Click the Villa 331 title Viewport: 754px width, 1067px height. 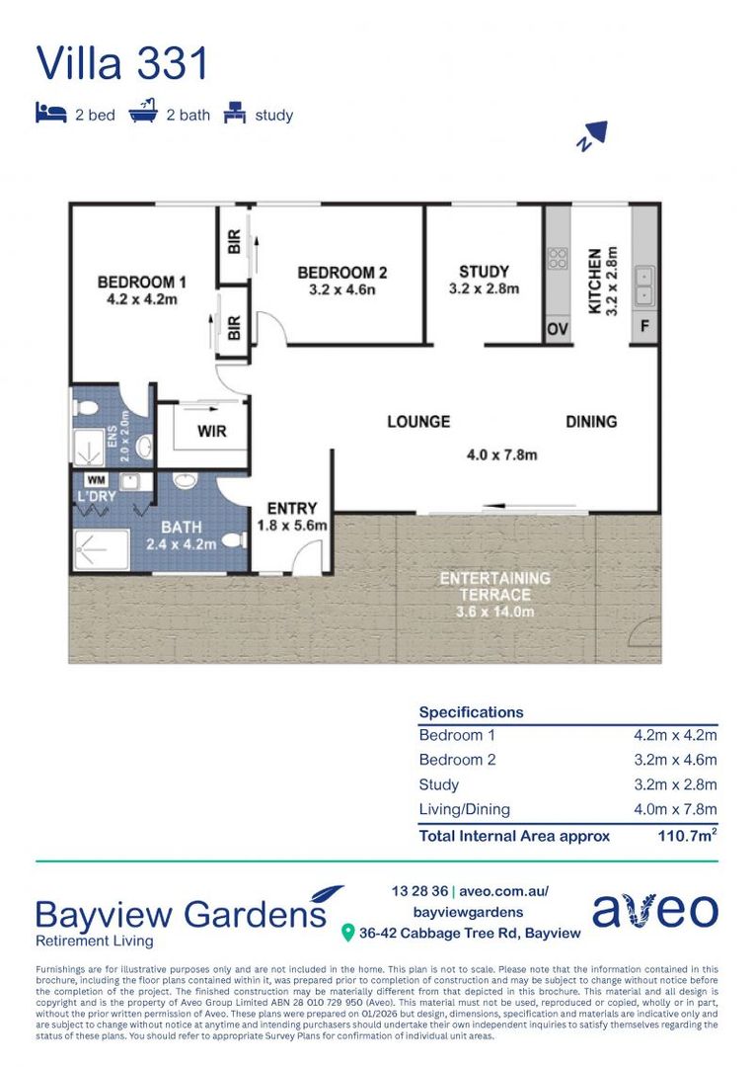pyautogui.click(x=121, y=63)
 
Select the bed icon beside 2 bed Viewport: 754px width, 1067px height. pyautogui.click(x=51, y=113)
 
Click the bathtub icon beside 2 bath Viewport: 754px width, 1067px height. pyautogui.click(x=143, y=111)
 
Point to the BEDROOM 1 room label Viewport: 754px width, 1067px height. pyautogui.click(x=141, y=282)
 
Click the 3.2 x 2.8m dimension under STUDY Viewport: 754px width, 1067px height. pyautogui.click(x=484, y=288)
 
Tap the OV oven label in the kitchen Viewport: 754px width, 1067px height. pyautogui.click(x=558, y=330)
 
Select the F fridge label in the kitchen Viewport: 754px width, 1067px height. pyautogui.click(x=644, y=326)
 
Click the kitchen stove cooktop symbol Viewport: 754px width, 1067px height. pyautogui.click(x=558, y=259)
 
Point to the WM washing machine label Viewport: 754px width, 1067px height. pyautogui.click(x=96, y=480)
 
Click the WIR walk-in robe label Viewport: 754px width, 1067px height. pyautogui.click(x=211, y=431)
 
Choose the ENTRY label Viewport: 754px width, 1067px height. pyautogui.click(x=292, y=509)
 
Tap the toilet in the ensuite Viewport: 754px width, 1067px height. pyautogui.click(x=86, y=408)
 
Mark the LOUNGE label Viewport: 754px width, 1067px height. pyautogui.click(x=418, y=422)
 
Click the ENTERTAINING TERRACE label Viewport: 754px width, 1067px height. pyautogui.click(x=495, y=586)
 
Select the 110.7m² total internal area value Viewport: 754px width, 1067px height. pyautogui.click(x=687, y=835)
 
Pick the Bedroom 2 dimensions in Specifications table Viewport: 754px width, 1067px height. pyautogui.click(x=675, y=760)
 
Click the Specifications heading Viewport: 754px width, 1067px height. pyautogui.click(x=471, y=711)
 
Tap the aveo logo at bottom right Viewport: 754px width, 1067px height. pyautogui.click(x=654, y=911)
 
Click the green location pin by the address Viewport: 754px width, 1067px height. pyautogui.click(x=347, y=933)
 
